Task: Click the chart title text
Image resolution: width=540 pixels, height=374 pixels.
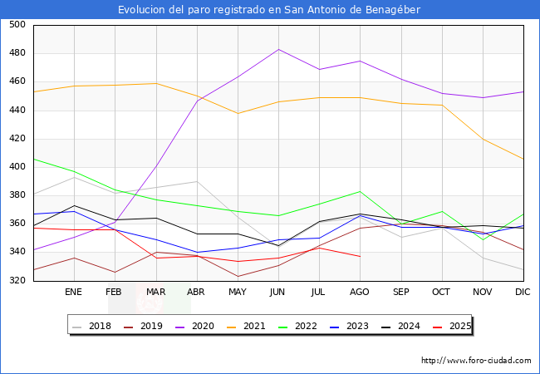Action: click(x=269, y=10)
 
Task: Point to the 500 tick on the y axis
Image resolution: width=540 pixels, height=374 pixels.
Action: click(x=17, y=25)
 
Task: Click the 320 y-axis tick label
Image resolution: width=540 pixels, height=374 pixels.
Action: click(x=17, y=281)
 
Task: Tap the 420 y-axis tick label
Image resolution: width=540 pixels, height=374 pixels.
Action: click(x=17, y=139)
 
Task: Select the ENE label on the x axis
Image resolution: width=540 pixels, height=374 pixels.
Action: click(x=74, y=293)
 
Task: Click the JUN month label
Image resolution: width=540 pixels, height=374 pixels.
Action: click(x=278, y=293)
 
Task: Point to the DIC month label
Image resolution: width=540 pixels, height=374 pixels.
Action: click(x=523, y=293)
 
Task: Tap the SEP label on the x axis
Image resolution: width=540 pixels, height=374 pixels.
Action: click(x=400, y=293)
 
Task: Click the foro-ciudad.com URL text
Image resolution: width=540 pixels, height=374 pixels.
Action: click(x=476, y=361)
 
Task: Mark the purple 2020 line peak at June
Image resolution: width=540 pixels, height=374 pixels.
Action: click(x=278, y=49)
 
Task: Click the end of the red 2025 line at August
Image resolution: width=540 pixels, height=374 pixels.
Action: click(x=360, y=256)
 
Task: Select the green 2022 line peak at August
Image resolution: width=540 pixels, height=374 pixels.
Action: click(x=360, y=191)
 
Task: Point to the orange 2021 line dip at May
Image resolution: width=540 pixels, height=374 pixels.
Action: click(x=238, y=113)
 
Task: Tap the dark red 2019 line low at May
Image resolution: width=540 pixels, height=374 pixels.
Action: click(x=238, y=277)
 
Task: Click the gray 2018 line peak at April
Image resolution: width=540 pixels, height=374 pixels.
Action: click(x=197, y=181)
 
